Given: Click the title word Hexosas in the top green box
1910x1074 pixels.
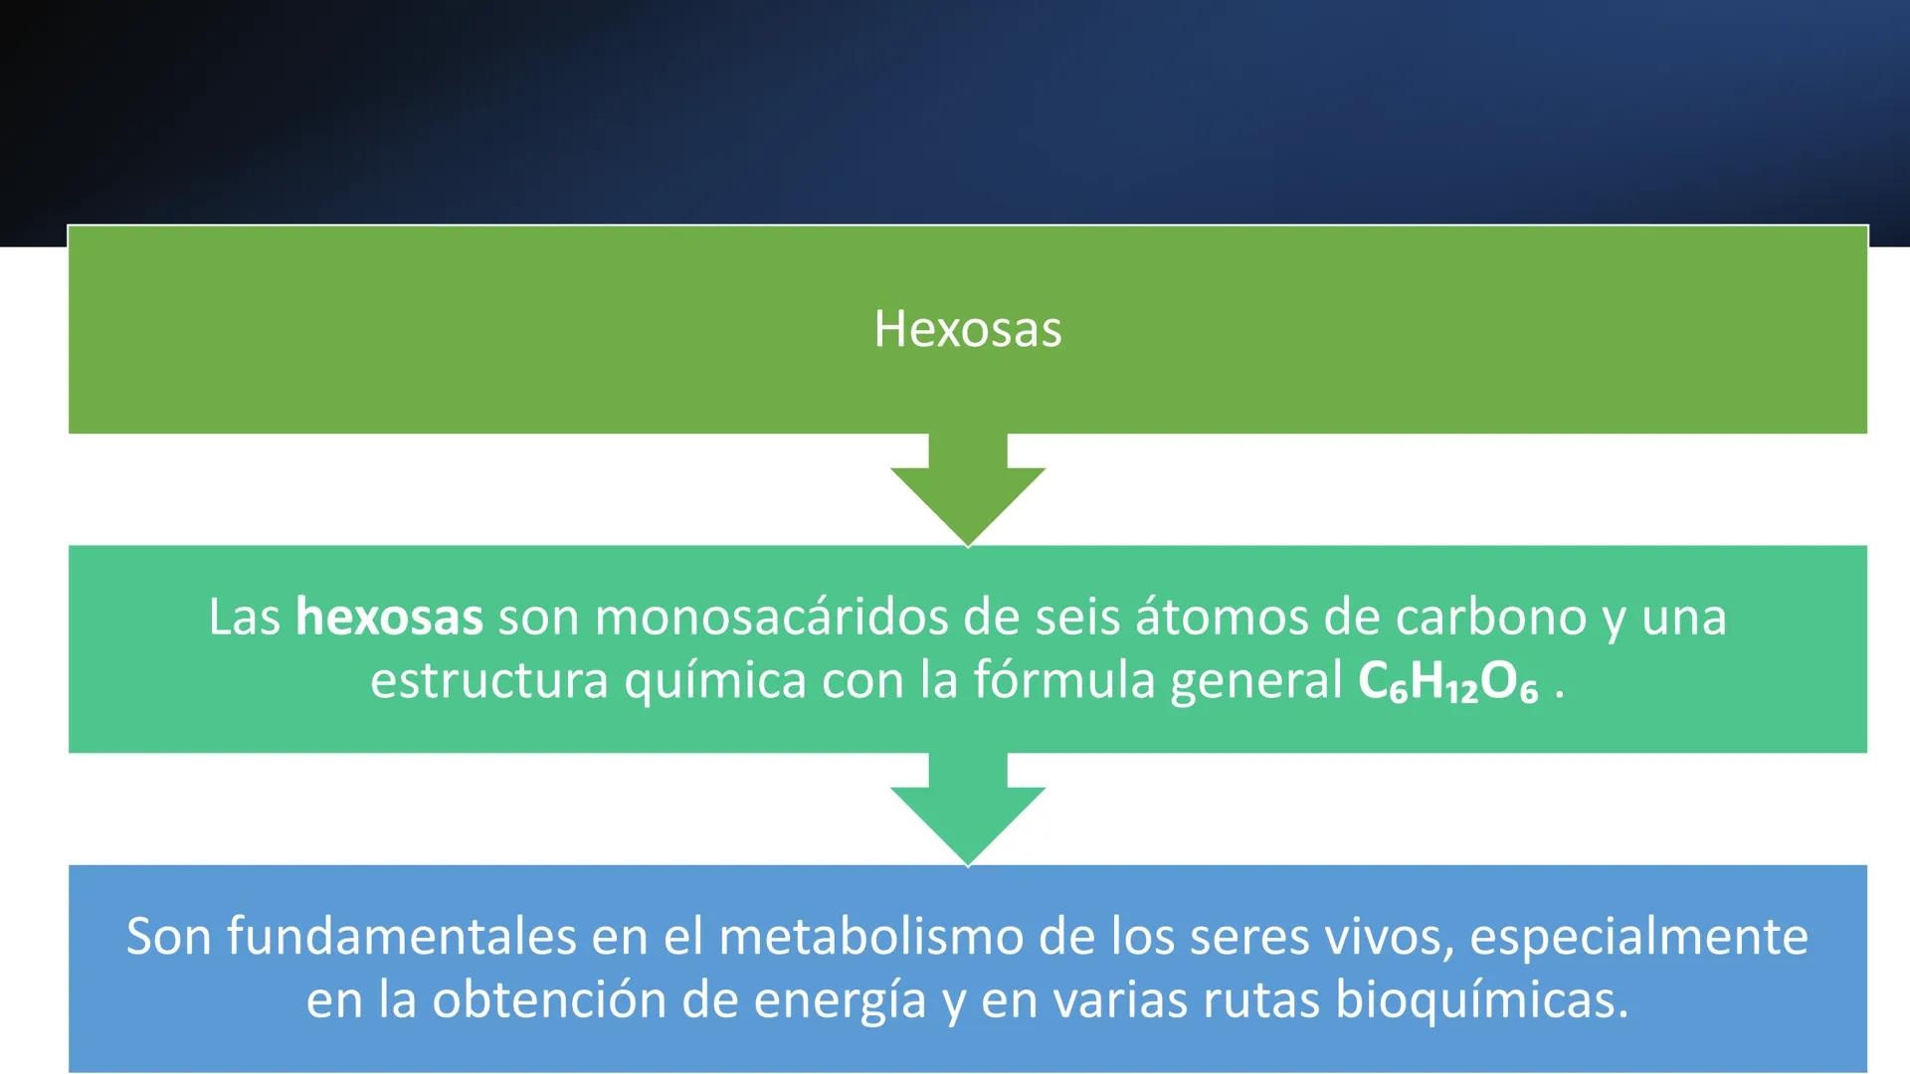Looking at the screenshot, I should tap(967, 329).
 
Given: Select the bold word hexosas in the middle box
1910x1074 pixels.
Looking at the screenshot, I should tap(389, 617).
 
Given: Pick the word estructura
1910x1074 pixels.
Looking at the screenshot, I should tap(489, 680).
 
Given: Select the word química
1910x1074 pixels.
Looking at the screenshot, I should tap(715, 682).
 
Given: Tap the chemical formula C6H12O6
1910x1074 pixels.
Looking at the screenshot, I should tap(1447, 682).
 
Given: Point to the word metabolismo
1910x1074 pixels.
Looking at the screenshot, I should tap(870, 937).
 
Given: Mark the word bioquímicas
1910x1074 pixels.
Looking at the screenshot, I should tap(1481, 1000).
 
